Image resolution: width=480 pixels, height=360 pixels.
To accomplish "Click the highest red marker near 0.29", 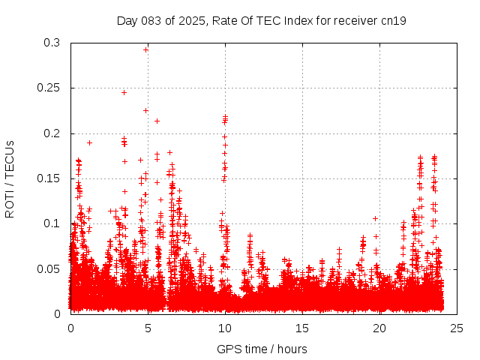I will [146, 49].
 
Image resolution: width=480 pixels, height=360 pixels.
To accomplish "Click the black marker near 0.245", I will [124, 92].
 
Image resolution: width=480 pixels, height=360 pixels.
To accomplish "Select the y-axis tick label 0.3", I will [52, 43].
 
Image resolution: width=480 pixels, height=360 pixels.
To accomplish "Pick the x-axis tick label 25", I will [456, 328].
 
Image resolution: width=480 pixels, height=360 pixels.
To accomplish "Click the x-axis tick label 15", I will [301, 328].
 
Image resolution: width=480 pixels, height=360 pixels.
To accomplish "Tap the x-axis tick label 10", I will [224, 328].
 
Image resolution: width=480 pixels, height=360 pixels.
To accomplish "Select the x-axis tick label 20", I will [379, 328].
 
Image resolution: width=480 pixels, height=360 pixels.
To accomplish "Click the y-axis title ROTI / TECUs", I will [10, 178].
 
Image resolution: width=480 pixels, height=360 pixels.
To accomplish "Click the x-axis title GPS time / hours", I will [262, 349].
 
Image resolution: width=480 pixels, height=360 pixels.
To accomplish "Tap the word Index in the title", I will [292, 20].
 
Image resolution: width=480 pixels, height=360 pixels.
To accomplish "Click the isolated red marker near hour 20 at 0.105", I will [375, 218].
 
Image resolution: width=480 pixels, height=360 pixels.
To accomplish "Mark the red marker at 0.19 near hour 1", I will [89, 142].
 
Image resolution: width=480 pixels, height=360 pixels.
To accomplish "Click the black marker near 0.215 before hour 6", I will [157, 121].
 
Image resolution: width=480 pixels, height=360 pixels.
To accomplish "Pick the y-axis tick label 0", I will [58, 313].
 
